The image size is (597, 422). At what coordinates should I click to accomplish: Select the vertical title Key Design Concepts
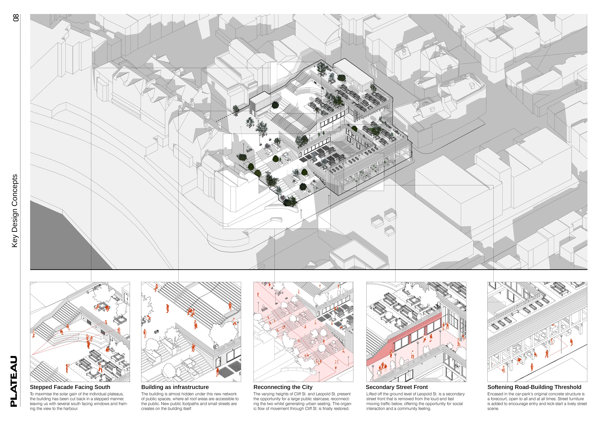[15, 211]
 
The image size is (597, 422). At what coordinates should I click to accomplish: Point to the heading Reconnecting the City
[283, 387]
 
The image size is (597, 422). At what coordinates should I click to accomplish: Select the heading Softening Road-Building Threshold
[534, 387]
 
